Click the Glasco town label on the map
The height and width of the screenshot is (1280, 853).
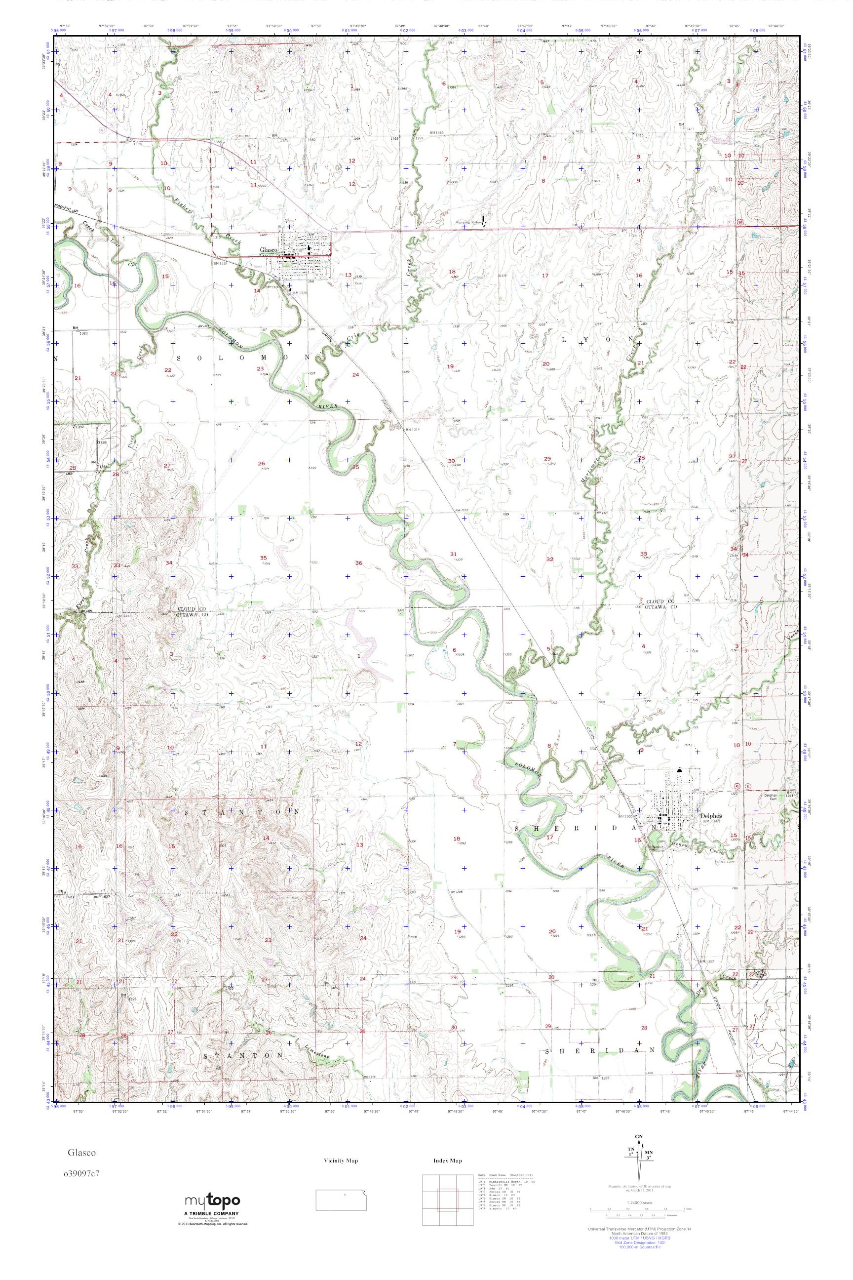pos(269,250)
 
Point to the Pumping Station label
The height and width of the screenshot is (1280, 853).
pos(468,223)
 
